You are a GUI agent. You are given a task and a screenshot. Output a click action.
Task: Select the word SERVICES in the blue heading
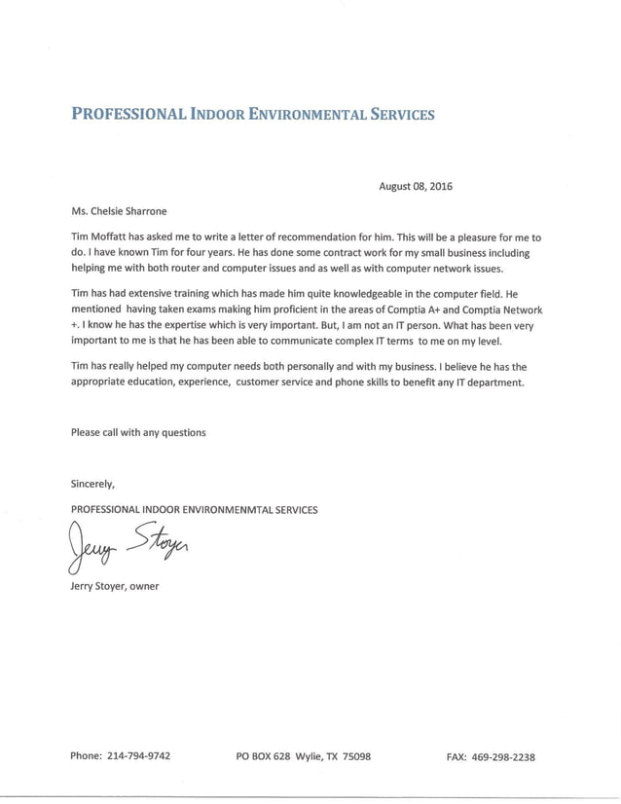pos(396,114)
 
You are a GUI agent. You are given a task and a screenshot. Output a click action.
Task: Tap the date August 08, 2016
pos(416,187)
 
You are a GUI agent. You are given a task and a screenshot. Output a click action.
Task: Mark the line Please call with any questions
pos(138,432)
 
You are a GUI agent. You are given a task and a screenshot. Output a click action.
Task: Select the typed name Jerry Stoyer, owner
pos(115,586)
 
